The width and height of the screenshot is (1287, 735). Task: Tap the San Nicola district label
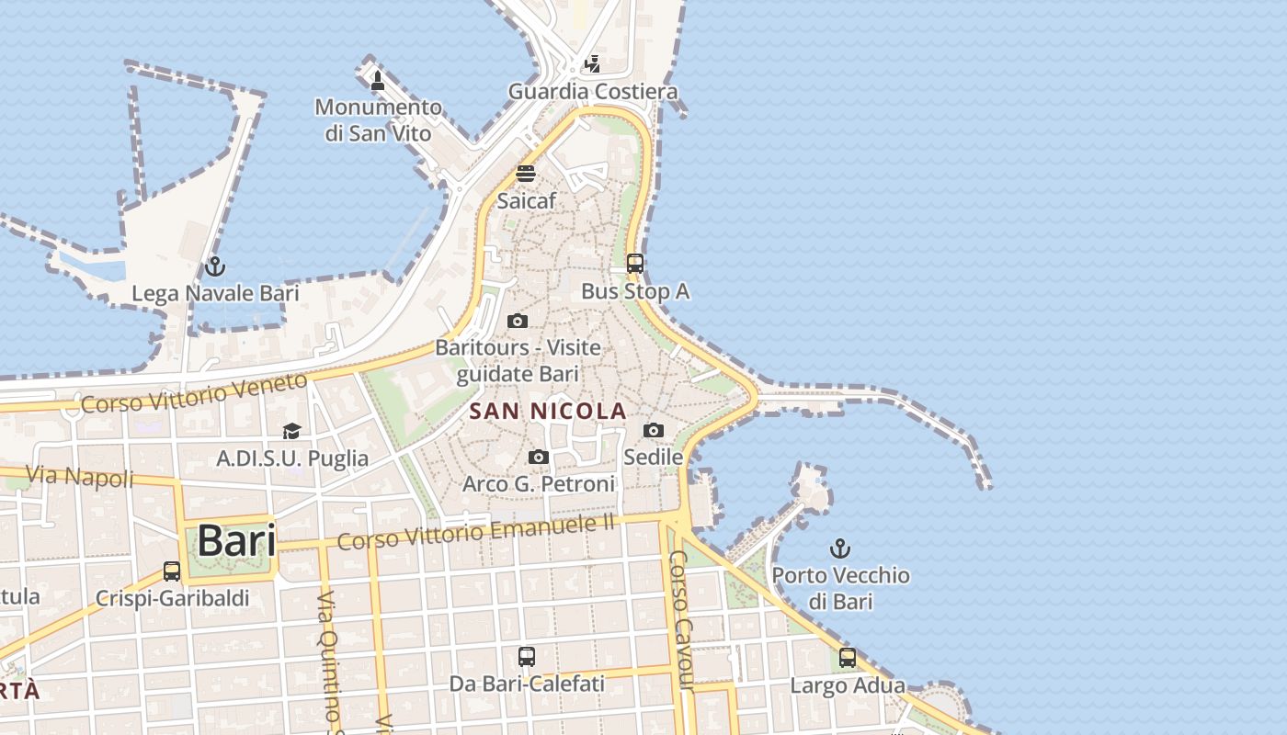[x=548, y=412]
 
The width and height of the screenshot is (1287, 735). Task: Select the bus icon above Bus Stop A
[x=634, y=264]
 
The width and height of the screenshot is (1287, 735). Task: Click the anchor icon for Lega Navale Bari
[x=215, y=267]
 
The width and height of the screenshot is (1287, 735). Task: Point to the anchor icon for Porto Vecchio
[x=839, y=549]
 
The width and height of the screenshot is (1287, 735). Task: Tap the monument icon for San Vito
[x=377, y=81]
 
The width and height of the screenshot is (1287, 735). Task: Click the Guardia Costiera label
[x=593, y=91]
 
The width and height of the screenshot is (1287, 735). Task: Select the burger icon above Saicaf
[x=526, y=174]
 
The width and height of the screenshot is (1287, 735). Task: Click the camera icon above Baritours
[x=518, y=321]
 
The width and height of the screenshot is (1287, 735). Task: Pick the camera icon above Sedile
[x=653, y=430]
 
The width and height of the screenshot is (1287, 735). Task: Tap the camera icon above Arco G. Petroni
[x=539, y=457]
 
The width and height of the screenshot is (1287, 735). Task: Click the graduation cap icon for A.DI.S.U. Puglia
[x=291, y=431]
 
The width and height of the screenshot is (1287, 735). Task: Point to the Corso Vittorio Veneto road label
[x=194, y=392]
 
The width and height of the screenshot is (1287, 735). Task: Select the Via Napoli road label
[x=80, y=476]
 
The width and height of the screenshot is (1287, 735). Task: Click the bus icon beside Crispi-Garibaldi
[x=172, y=571]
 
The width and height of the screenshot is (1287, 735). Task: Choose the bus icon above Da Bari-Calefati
[x=526, y=657]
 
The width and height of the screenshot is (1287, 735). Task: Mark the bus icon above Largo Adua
[x=847, y=658]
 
